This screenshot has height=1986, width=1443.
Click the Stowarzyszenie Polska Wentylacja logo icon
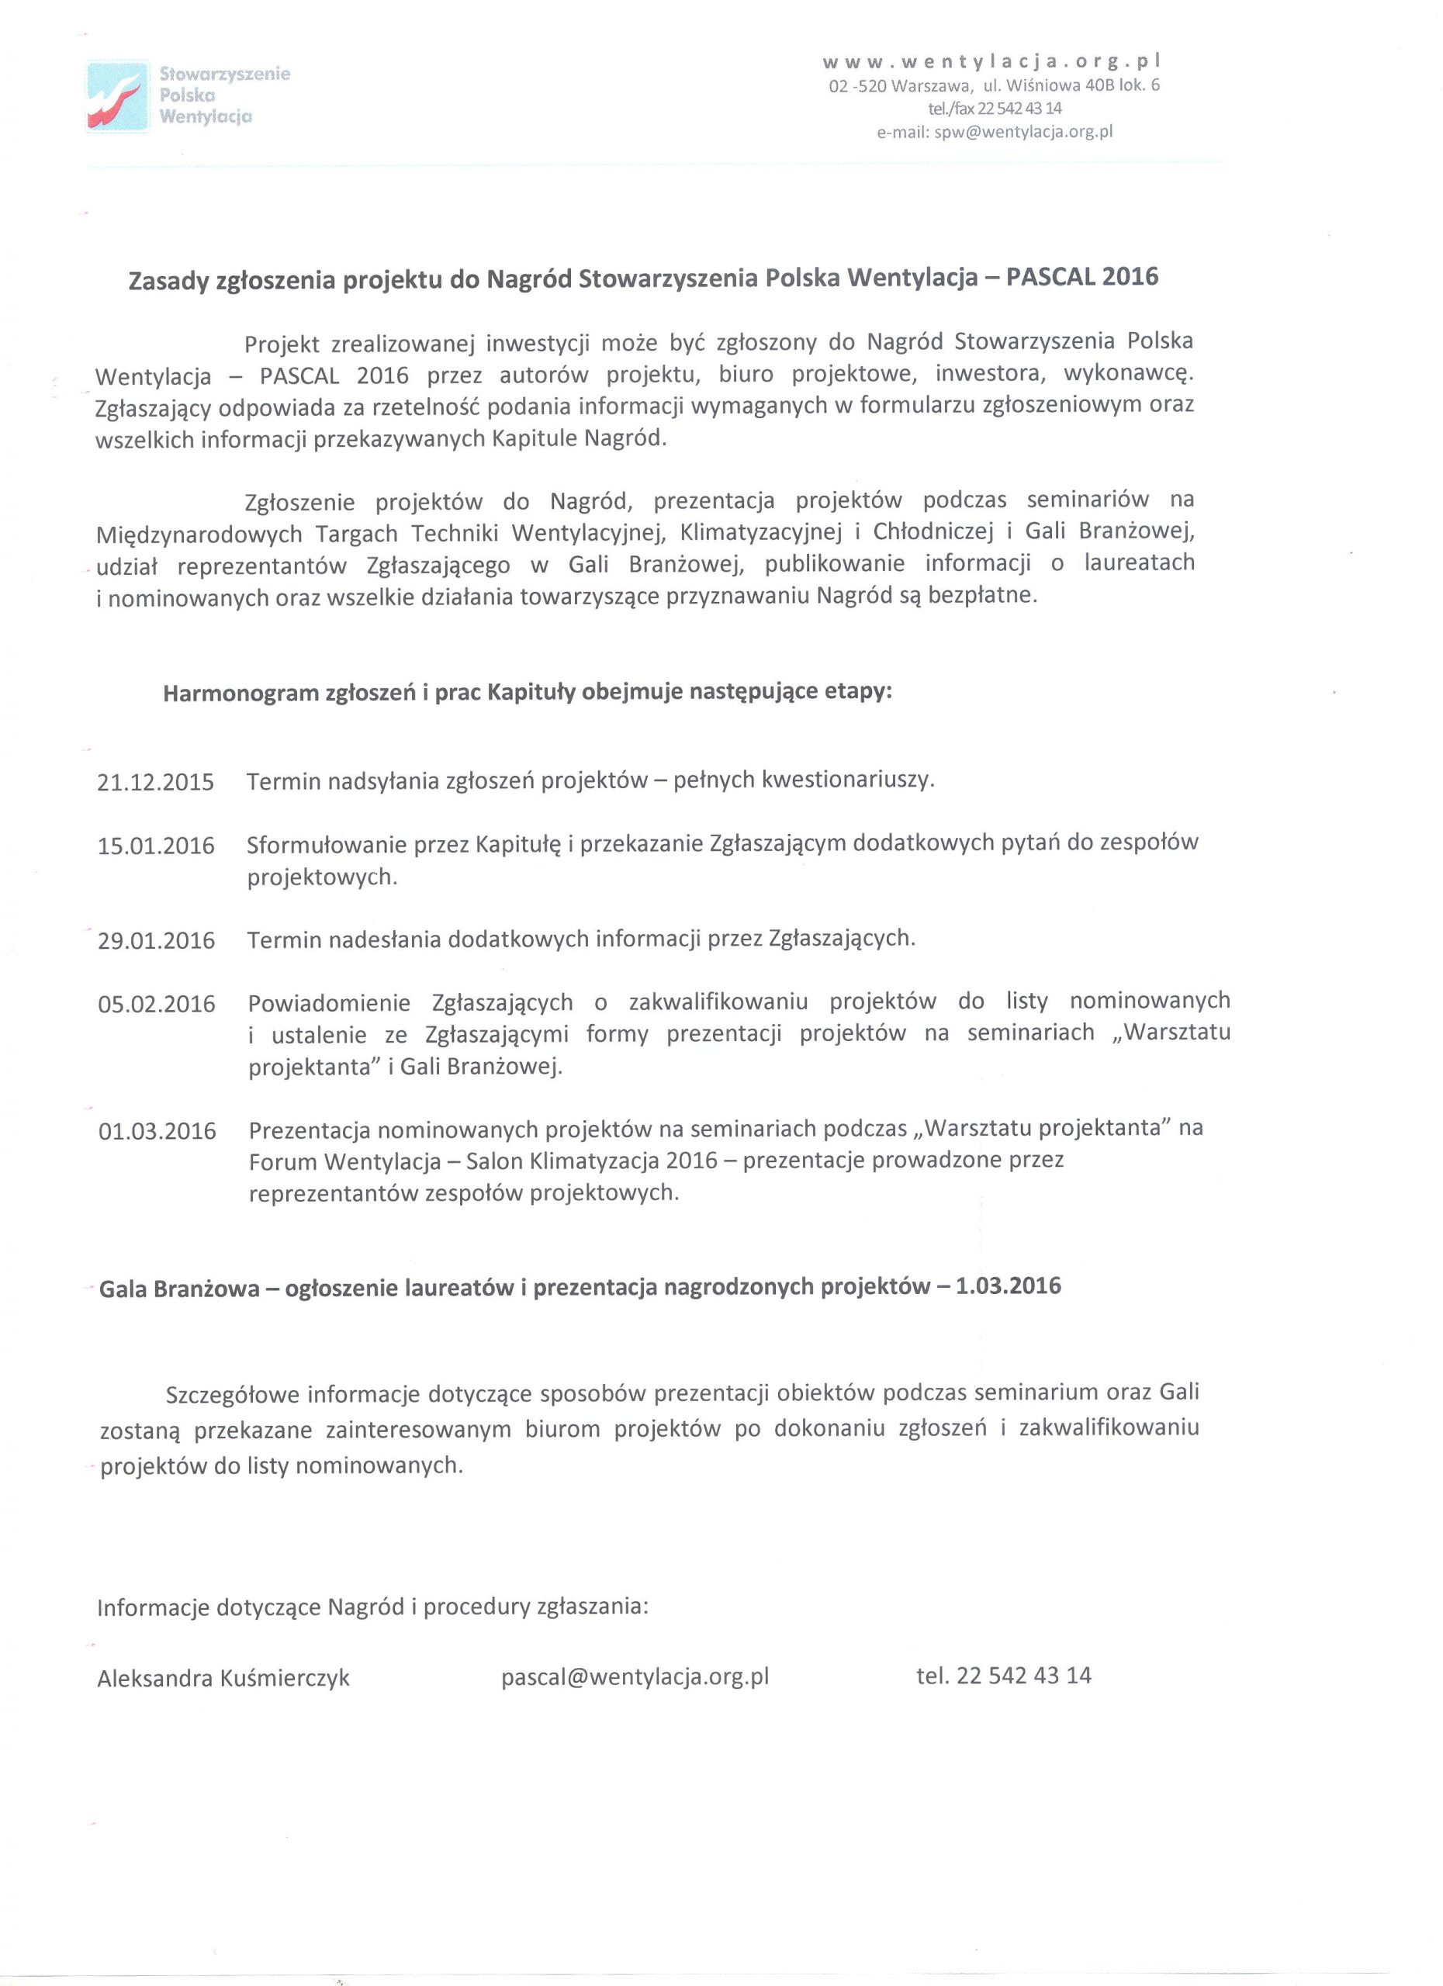(117, 95)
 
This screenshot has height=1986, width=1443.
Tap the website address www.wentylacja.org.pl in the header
(993, 62)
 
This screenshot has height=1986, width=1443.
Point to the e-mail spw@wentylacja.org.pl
(995, 132)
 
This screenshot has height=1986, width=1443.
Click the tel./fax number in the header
(995, 109)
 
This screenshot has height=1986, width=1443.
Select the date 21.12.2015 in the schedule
(156, 782)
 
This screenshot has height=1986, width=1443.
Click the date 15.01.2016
(156, 846)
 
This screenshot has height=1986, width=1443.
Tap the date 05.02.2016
(156, 1005)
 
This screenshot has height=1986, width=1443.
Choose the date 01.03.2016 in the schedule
(157, 1131)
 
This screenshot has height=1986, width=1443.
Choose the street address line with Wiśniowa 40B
(995, 86)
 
